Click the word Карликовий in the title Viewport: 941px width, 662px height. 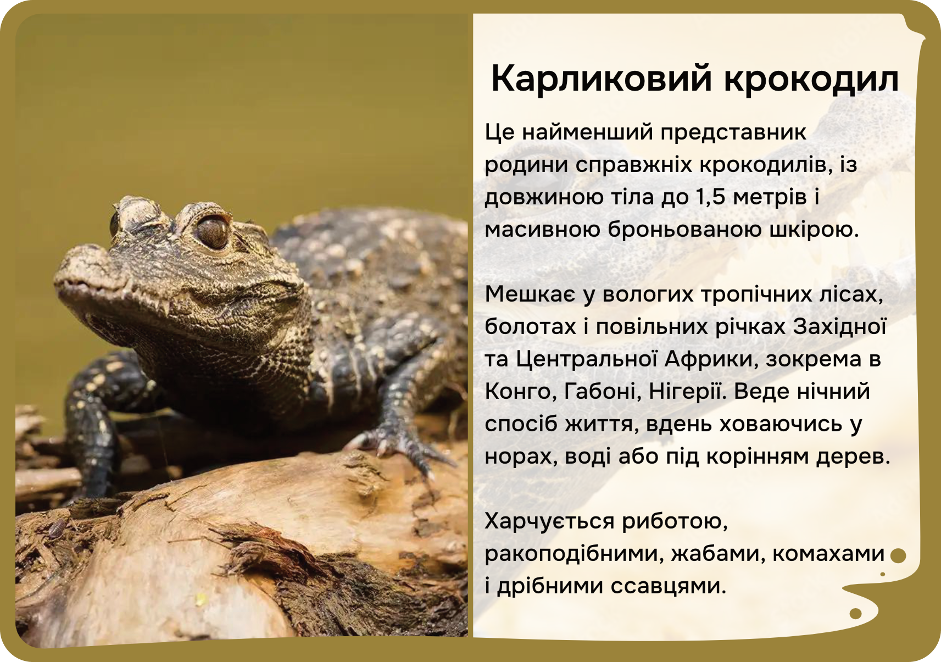602,80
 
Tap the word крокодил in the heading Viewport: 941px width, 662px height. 811,80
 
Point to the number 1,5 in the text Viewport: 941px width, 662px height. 711,197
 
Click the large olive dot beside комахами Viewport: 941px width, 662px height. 898,555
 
